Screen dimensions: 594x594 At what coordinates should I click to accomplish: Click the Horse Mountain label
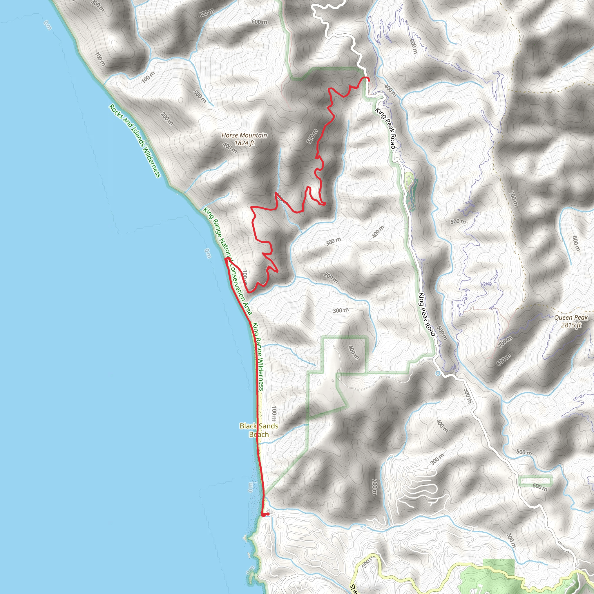coord(244,135)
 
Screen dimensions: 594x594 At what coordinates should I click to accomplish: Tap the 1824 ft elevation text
coord(245,143)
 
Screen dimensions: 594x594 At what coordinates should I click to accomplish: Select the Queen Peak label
coord(571,318)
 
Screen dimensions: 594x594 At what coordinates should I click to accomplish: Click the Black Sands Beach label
coord(259,430)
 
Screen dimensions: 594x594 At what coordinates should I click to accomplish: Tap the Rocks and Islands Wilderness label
coord(135,141)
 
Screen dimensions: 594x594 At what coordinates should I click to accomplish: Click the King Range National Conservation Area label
coord(227,261)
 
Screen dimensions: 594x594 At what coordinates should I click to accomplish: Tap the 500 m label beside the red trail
coord(312,137)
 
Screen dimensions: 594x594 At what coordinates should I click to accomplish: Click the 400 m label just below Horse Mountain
coord(230,148)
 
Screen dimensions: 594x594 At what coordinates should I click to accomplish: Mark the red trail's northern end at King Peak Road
coord(368,79)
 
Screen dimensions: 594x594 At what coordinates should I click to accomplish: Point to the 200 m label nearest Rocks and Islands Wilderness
coord(167,119)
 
